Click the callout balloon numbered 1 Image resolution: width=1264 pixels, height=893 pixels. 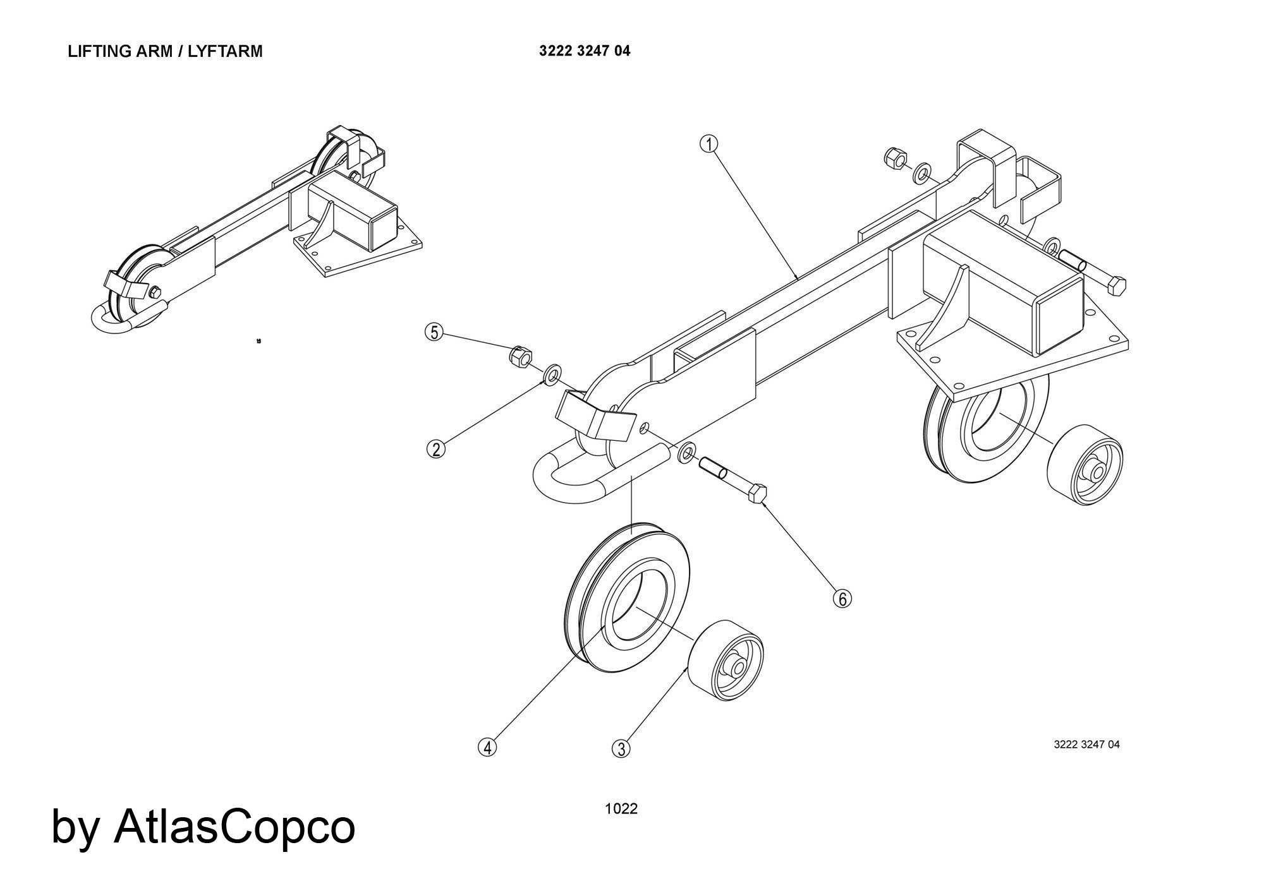(x=708, y=145)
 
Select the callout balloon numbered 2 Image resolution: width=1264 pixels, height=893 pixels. (x=435, y=449)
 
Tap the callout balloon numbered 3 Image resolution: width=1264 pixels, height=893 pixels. (x=621, y=749)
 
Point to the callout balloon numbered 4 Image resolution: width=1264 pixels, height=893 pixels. (x=487, y=747)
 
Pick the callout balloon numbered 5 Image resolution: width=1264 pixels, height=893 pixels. (x=434, y=332)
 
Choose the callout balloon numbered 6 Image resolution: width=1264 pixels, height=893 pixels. (x=842, y=598)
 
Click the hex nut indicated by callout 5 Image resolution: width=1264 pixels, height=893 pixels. (x=520, y=357)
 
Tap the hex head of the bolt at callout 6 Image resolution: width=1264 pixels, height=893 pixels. (x=757, y=493)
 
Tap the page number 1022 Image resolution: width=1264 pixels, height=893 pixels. (x=621, y=808)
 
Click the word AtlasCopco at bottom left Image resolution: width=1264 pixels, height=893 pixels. (x=234, y=827)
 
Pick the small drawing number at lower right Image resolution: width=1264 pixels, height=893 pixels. (x=1086, y=745)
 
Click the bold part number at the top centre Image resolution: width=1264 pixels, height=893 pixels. (x=585, y=51)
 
